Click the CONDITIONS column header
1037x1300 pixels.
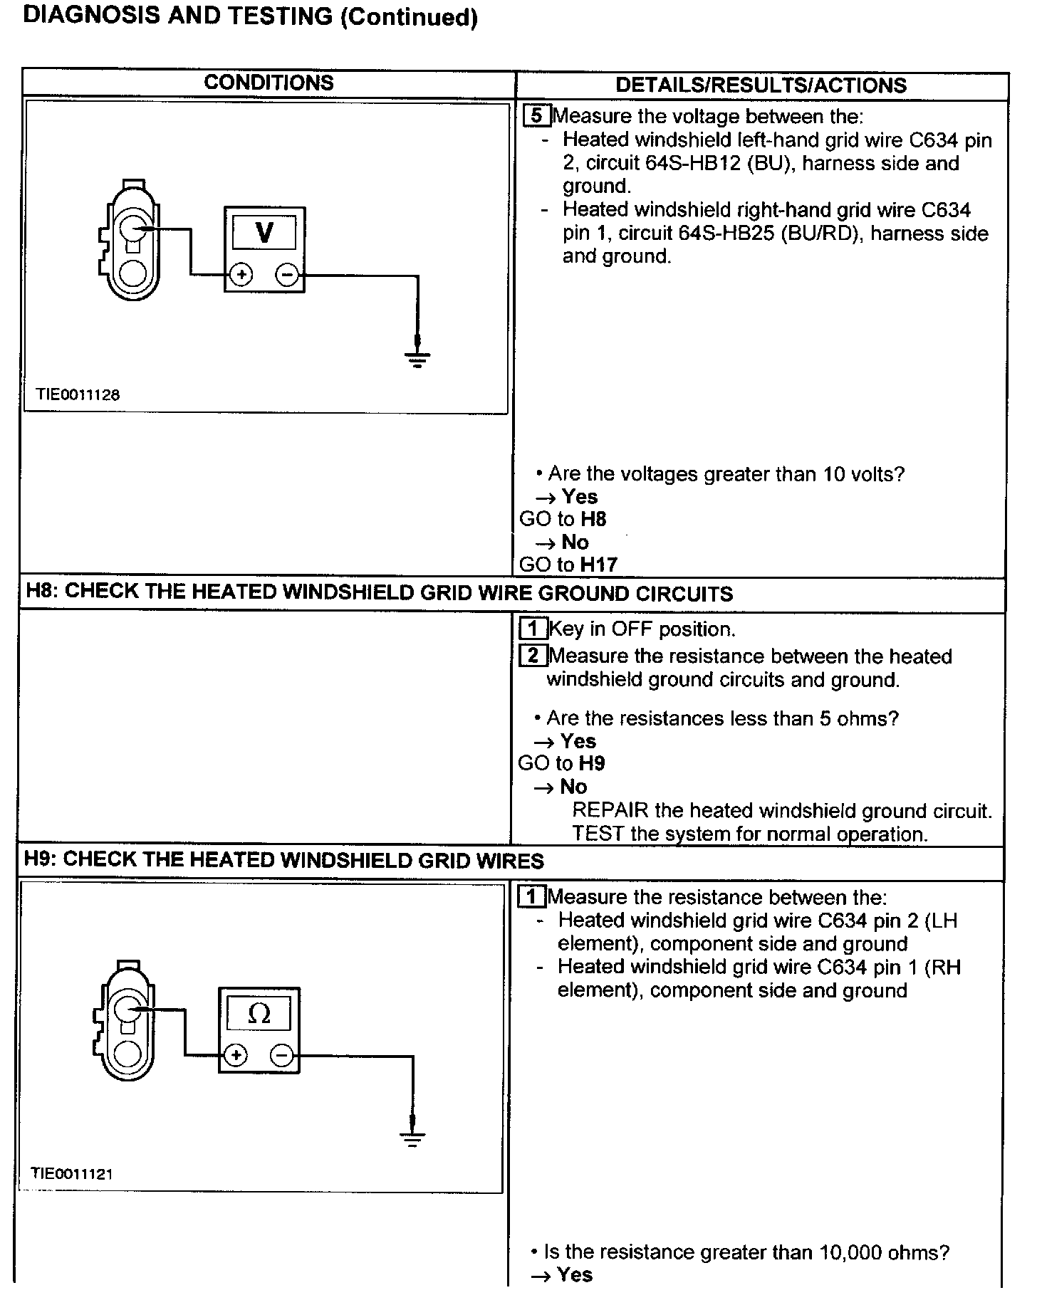[x=269, y=83]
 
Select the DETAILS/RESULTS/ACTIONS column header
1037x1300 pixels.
[x=761, y=85]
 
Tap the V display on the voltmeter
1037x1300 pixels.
[x=264, y=232]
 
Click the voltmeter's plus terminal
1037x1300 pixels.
[x=241, y=275]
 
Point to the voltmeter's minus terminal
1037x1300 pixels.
[x=287, y=275]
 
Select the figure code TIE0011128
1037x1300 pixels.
[x=78, y=394]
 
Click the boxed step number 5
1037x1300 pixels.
[x=536, y=115]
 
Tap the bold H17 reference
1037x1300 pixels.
[x=598, y=565]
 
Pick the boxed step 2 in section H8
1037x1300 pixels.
[x=533, y=655]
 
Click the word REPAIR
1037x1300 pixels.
[x=610, y=810]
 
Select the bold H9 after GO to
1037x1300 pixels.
[x=592, y=764]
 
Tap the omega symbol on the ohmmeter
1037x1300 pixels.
[x=259, y=1014]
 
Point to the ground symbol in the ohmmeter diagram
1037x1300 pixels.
[x=412, y=1138]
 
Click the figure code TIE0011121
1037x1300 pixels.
[x=72, y=1174]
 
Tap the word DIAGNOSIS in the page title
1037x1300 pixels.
[x=92, y=16]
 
